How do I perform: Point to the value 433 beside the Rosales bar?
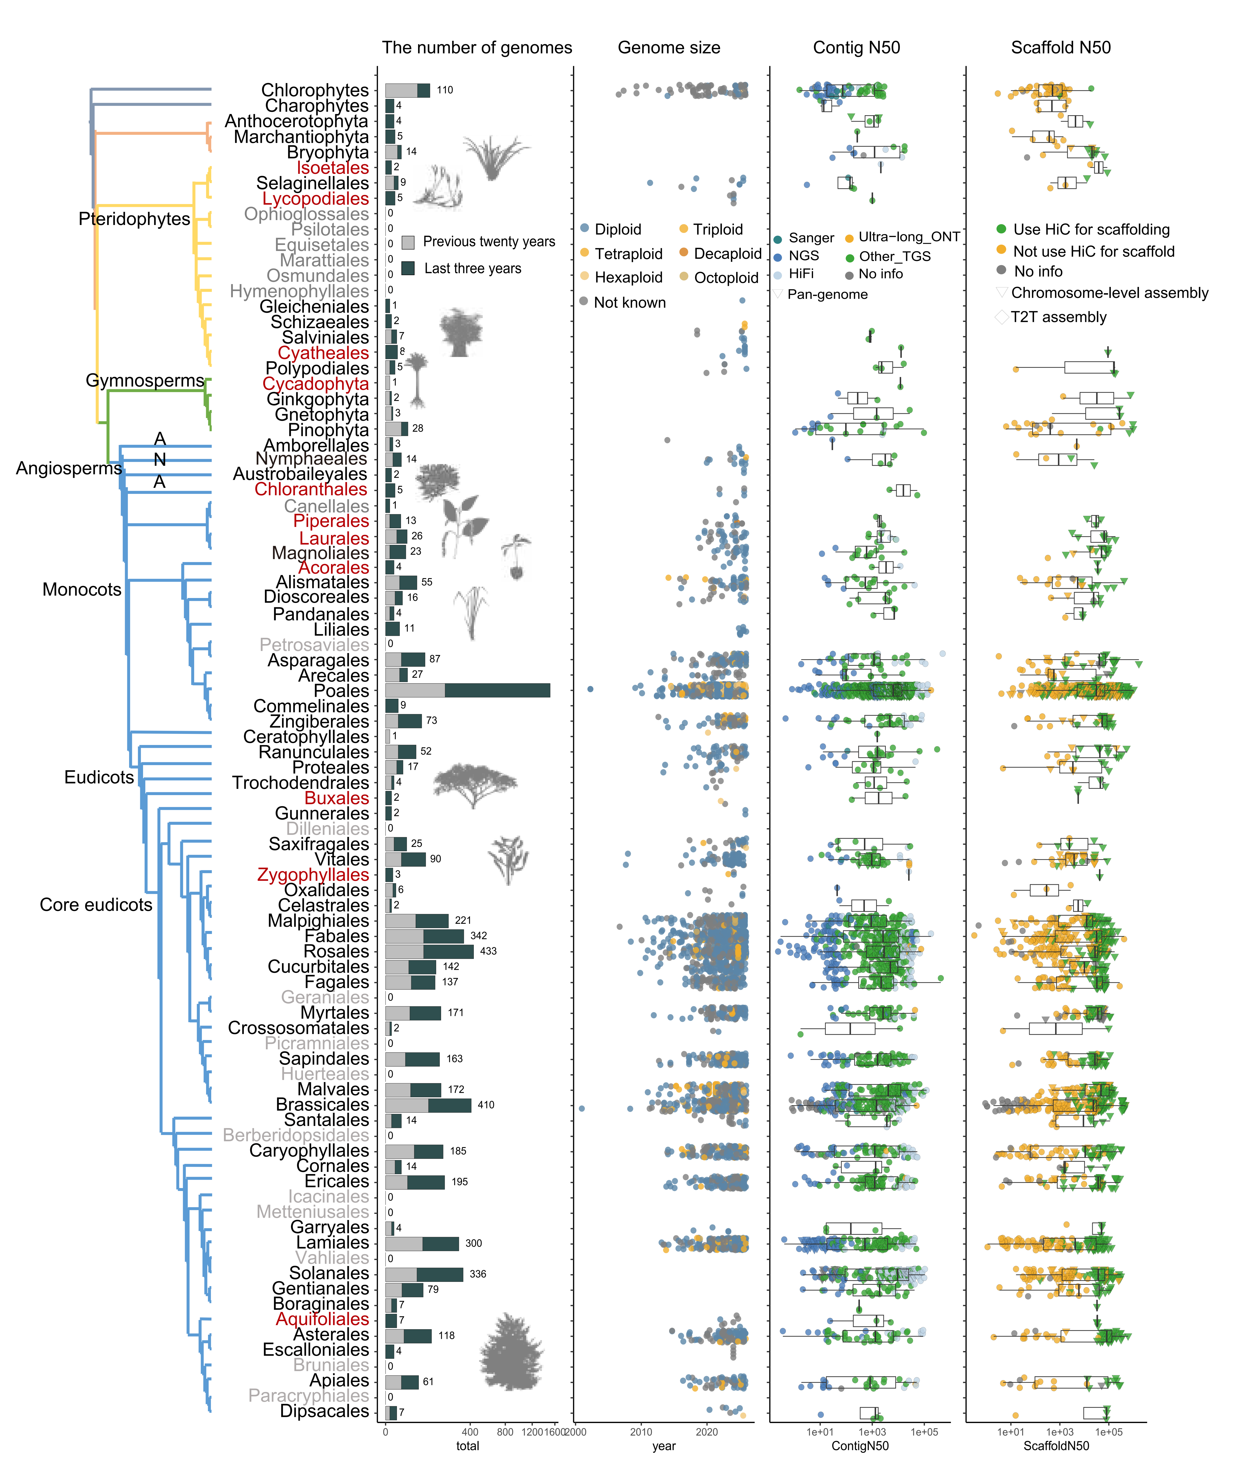tap(488, 951)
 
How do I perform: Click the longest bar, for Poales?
tap(468, 690)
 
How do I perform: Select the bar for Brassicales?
tap(428, 1105)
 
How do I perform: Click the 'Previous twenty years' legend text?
tap(489, 242)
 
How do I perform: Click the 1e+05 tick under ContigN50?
tap(924, 1431)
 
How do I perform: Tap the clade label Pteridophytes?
tap(134, 219)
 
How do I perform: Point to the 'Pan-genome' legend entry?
tap(827, 294)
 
